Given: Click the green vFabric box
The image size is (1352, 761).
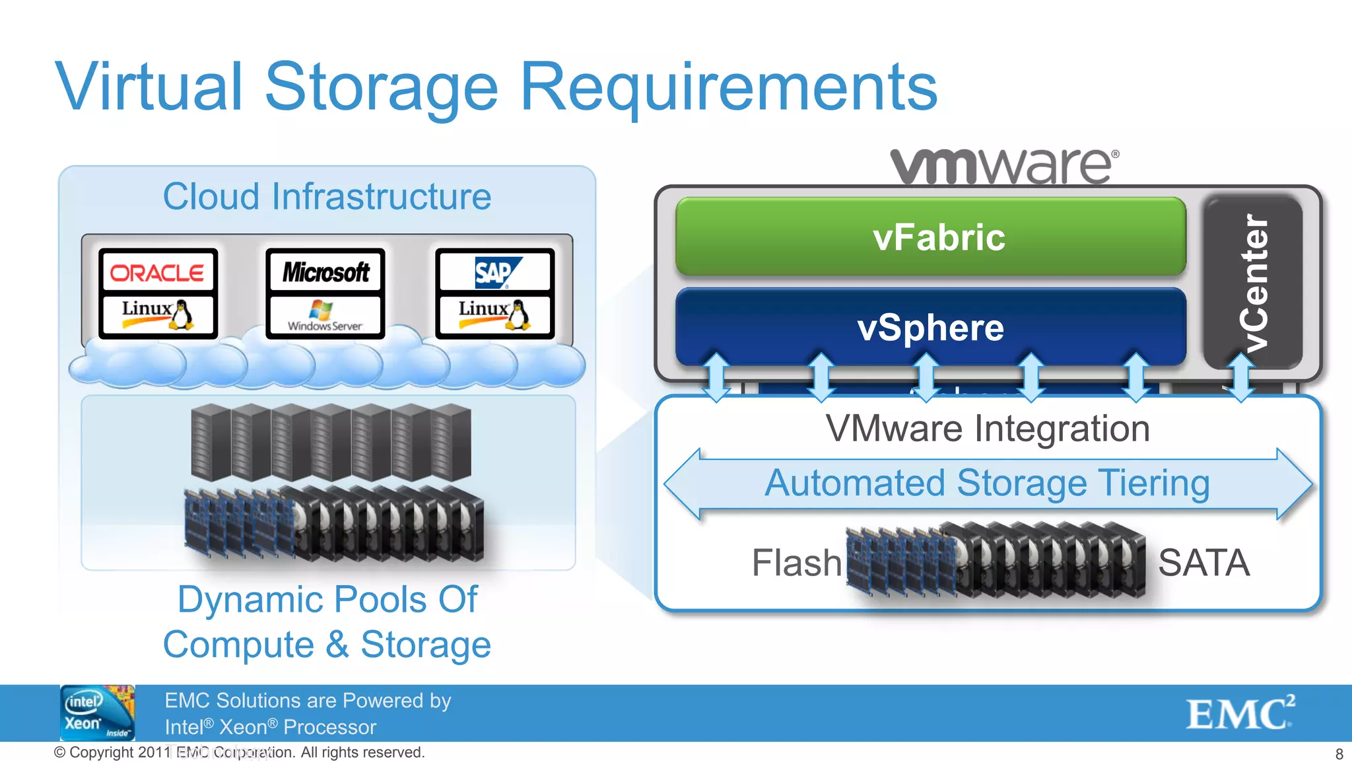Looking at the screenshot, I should click(x=931, y=236).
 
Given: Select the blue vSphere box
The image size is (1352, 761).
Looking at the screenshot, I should click(x=931, y=328).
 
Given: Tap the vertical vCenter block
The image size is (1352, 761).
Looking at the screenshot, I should click(x=1253, y=283).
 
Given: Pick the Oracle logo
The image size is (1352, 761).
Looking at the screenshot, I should click(x=157, y=272).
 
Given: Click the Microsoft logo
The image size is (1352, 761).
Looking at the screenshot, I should click(x=325, y=272).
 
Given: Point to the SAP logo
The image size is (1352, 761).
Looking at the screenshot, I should click(x=495, y=272).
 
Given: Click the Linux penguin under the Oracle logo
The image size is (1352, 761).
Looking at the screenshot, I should click(x=180, y=314).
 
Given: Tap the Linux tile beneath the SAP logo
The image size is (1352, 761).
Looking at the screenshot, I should click(x=495, y=315).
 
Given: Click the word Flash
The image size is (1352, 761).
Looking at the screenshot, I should click(x=797, y=563).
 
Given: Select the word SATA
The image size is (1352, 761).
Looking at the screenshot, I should click(x=1203, y=563).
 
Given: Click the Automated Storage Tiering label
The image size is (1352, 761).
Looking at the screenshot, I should click(x=987, y=483).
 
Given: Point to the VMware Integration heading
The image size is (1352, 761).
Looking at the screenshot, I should click(x=988, y=429).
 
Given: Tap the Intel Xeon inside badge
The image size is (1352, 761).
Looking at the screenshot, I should click(x=97, y=713).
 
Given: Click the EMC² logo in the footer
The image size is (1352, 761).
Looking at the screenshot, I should click(x=1240, y=713).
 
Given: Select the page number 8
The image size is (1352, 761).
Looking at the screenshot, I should click(x=1339, y=754).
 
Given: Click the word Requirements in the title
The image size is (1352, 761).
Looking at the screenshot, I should click(x=729, y=87).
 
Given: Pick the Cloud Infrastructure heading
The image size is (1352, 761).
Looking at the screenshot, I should click(x=327, y=197).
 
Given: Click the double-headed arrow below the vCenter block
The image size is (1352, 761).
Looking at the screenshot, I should click(x=1240, y=378).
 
